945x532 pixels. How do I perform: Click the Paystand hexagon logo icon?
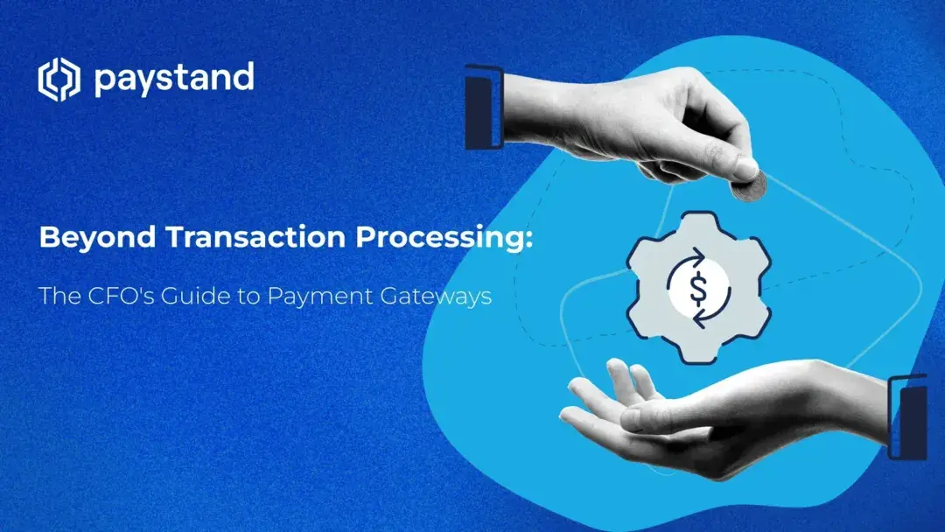59,80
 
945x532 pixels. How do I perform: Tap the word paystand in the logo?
173,80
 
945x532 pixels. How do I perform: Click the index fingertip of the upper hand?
744,167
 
